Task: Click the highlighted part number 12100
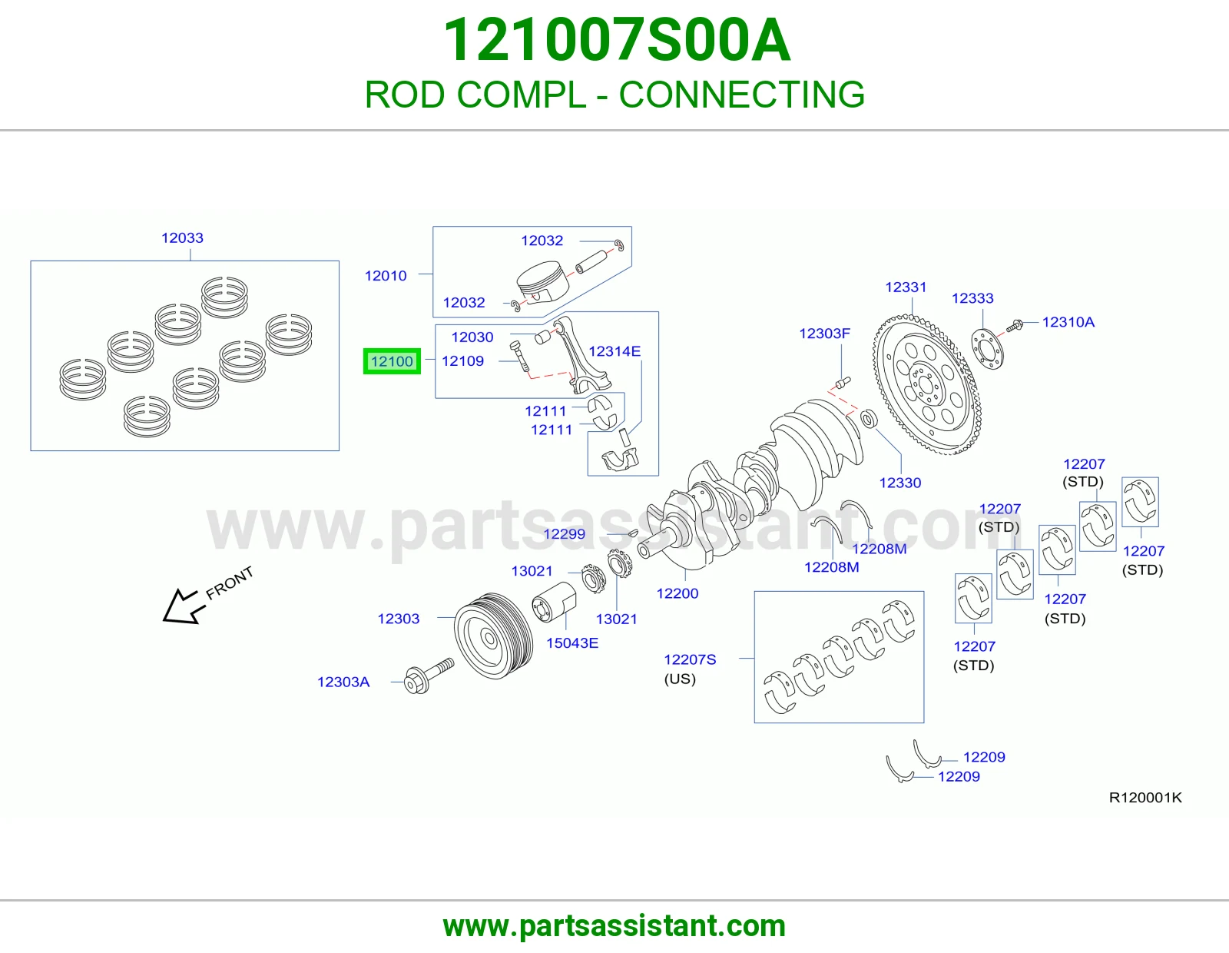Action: pyautogui.click(x=392, y=361)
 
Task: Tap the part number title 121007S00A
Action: pyautogui.click(x=617, y=40)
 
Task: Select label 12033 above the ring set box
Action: pyautogui.click(x=182, y=237)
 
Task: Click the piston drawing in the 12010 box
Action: pyautogui.click(x=542, y=282)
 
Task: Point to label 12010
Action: pyautogui.click(x=386, y=276)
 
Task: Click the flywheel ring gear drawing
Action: pyautogui.click(x=926, y=385)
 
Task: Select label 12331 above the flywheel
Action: pyautogui.click(x=906, y=287)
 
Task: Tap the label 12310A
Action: pyautogui.click(x=1068, y=322)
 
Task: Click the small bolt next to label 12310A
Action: pyautogui.click(x=1014, y=325)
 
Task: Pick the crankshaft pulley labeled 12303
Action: pyautogui.click(x=493, y=636)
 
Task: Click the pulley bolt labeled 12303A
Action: pyautogui.click(x=429, y=676)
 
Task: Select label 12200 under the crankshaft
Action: pyautogui.click(x=677, y=593)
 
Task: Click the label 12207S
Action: pyautogui.click(x=690, y=659)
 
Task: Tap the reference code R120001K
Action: pyautogui.click(x=1145, y=798)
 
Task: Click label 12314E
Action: pyautogui.click(x=614, y=351)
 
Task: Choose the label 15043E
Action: pyautogui.click(x=572, y=643)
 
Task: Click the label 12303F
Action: pyautogui.click(x=825, y=334)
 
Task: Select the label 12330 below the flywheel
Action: pyautogui.click(x=900, y=483)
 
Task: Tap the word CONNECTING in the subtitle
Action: pyautogui.click(x=742, y=95)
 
